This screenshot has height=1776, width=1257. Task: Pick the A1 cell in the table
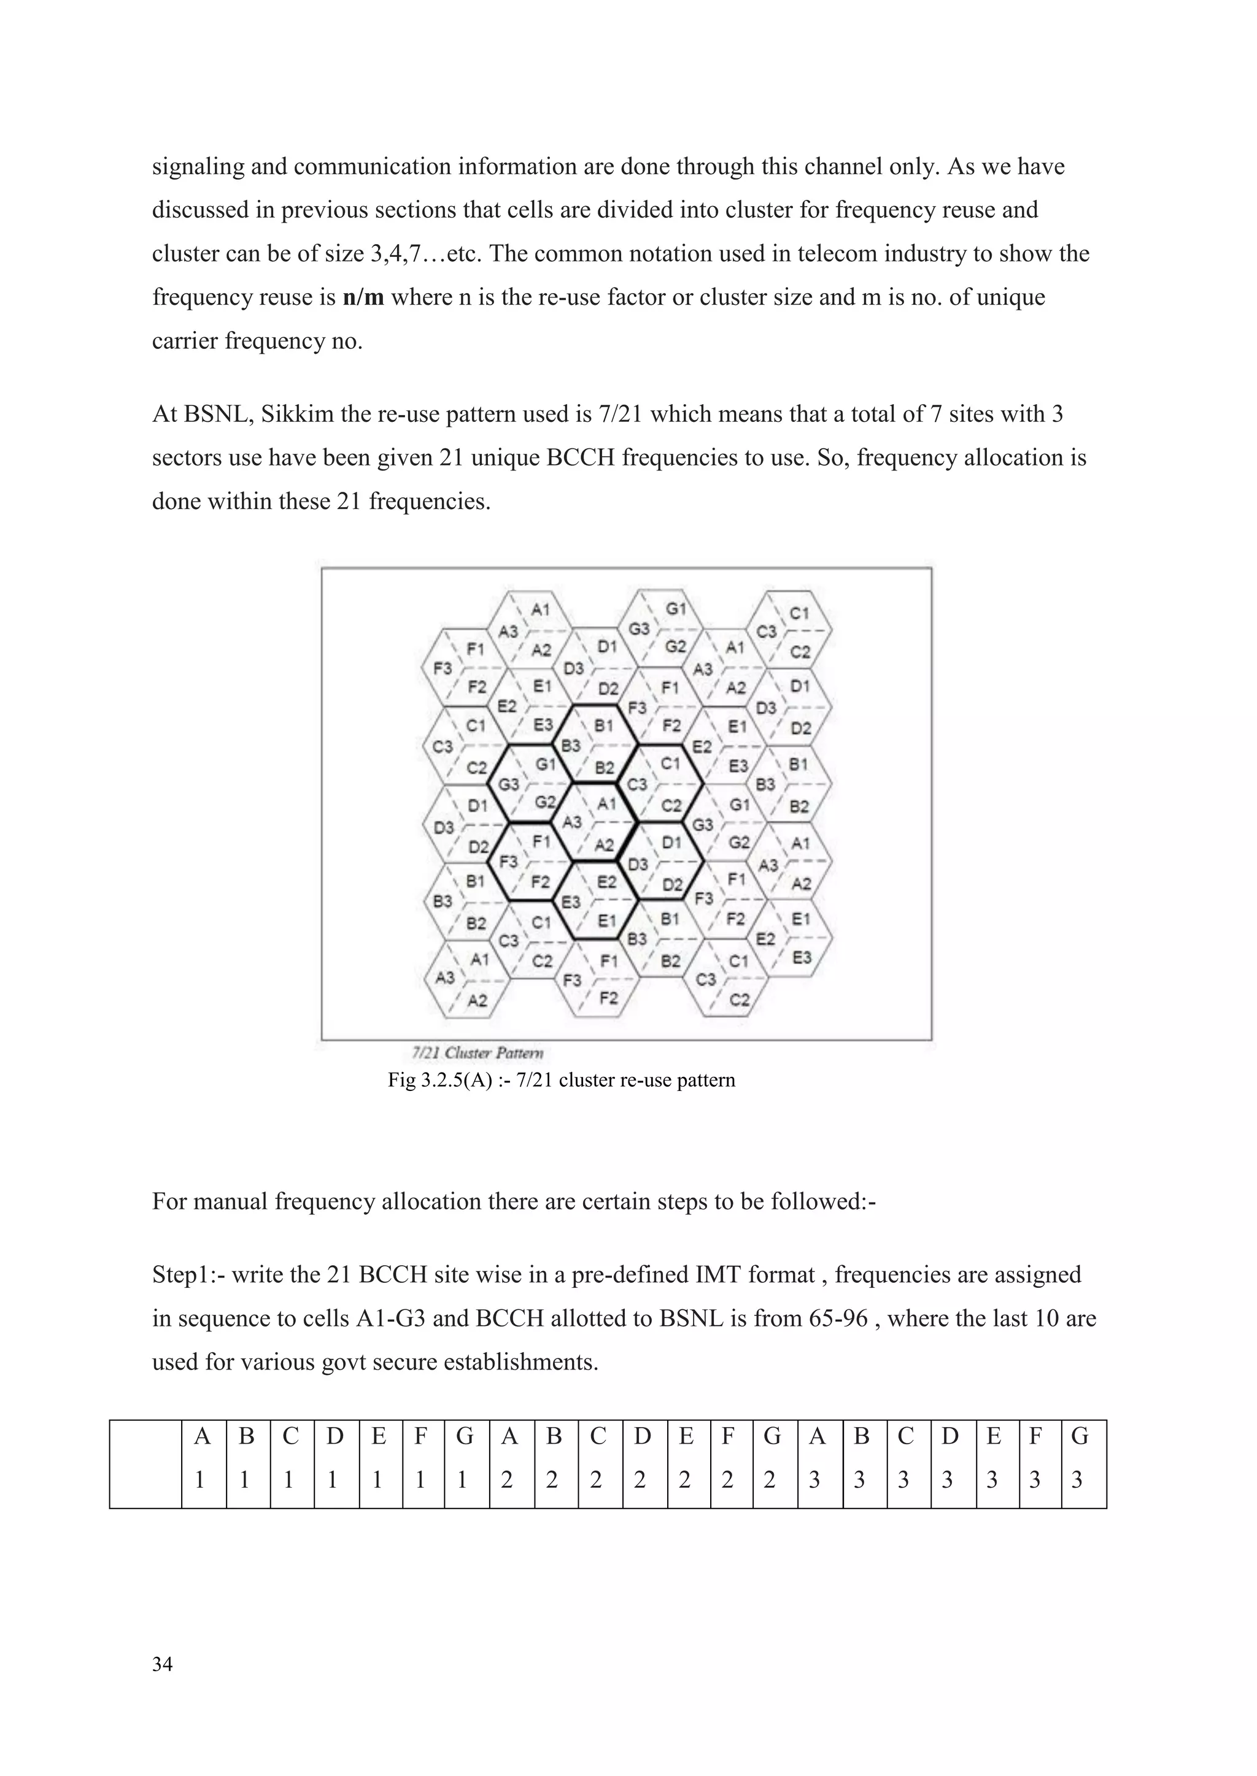coord(203,1457)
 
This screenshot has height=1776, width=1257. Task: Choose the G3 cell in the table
coord(1081,1457)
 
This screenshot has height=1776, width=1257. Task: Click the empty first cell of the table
coord(145,1457)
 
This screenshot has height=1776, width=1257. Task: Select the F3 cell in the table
coord(1037,1457)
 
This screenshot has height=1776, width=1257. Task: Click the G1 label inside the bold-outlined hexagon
coord(546,764)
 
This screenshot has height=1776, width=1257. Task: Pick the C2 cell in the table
coord(598,1457)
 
